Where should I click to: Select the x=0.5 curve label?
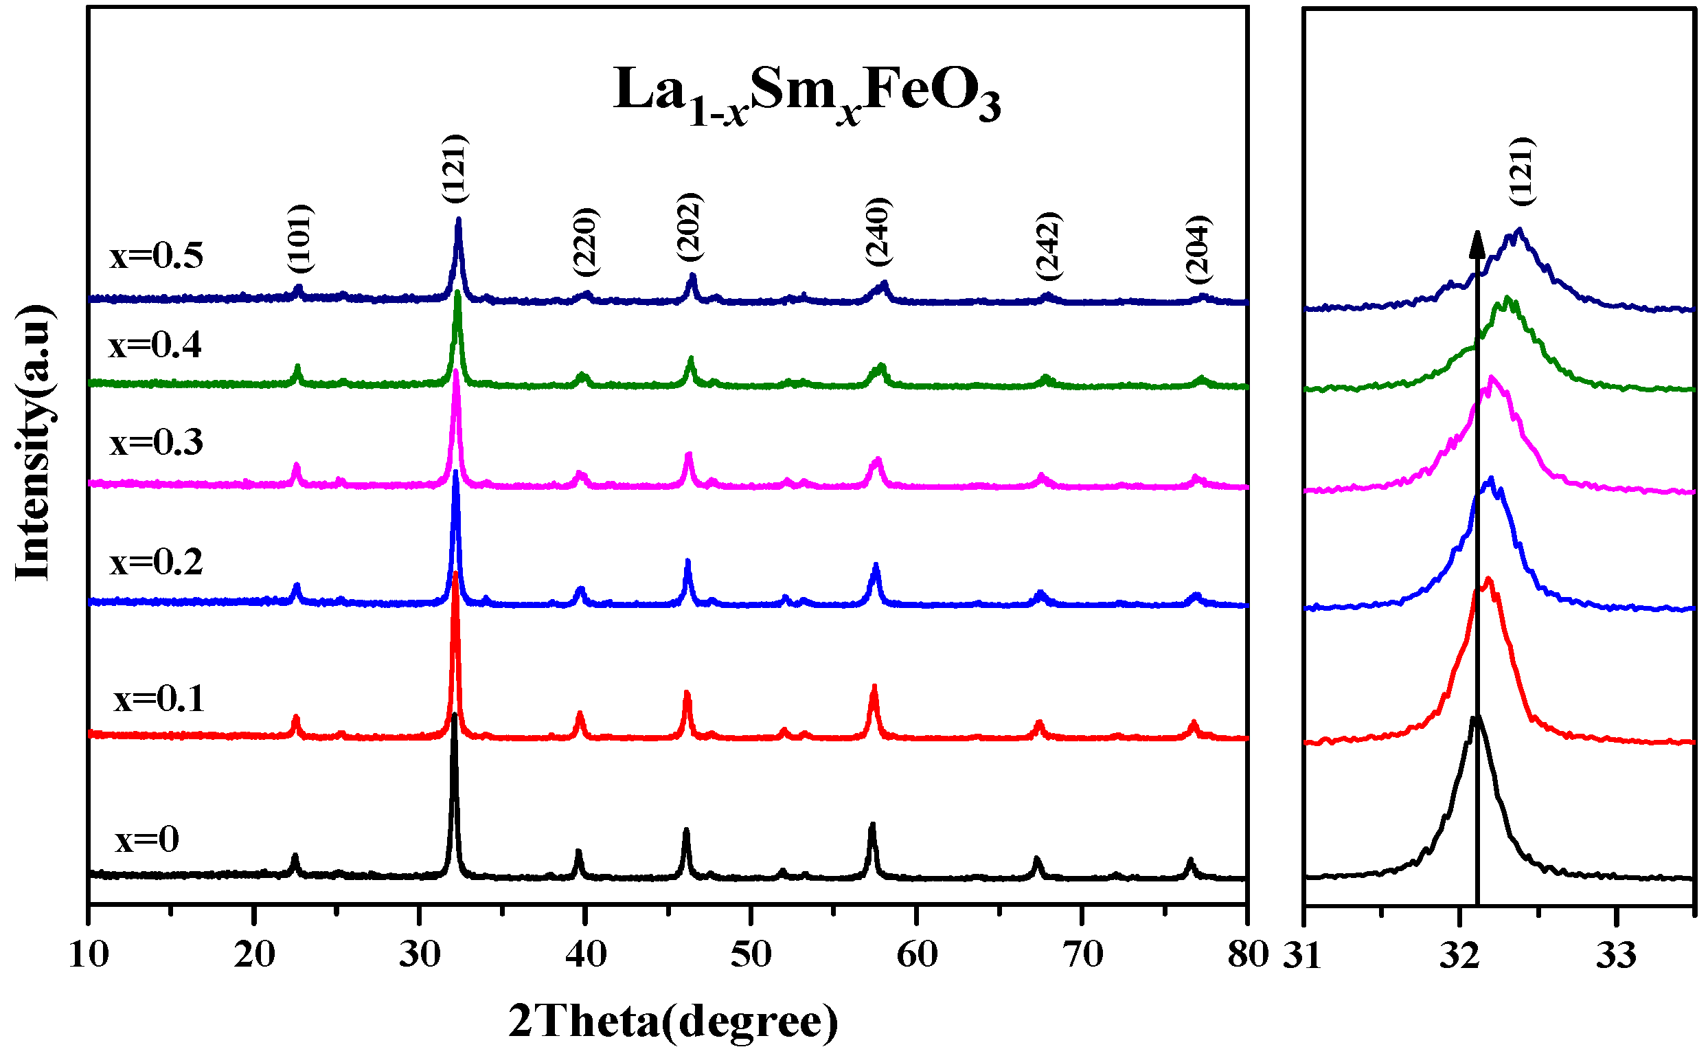pos(156,256)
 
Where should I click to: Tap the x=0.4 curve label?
pos(155,346)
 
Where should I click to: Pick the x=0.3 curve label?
pos(156,443)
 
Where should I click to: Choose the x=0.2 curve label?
pos(156,563)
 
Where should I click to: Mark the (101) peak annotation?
pos(301,238)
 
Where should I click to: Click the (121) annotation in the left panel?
pos(455,168)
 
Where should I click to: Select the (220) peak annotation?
pos(586,242)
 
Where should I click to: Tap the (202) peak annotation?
pos(690,227)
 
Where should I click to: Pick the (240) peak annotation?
pos(878,232)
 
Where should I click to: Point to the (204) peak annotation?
pos(1198,249)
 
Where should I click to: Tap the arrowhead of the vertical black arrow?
pos(1477,243)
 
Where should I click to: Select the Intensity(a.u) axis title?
pos(34,442)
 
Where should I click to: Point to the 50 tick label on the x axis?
pos(751,955)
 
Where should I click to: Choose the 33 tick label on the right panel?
pos(1616,956)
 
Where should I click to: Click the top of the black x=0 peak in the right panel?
pos(1474,719)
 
